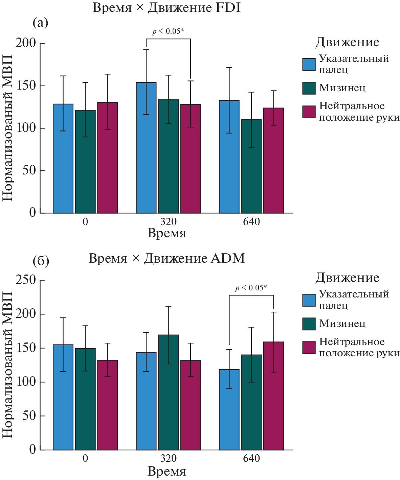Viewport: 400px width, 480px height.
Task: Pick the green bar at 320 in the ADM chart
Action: [x=168, y=392]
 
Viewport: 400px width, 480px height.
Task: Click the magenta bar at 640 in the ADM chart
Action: [x=273, y=396]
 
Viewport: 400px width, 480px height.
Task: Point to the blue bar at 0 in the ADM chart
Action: [x=63, y=397]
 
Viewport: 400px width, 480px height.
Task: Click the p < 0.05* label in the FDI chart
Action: [x=168, y=31]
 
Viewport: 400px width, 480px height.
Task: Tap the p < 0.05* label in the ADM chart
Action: [x=251, y=288]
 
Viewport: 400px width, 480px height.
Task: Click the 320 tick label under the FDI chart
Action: [x=168, y=222]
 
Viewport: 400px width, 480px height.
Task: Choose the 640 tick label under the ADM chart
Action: [x=251, y=458]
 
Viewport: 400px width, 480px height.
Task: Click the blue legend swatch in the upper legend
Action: [x=309, y=64]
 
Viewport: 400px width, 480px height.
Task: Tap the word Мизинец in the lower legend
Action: [x=342, y=323]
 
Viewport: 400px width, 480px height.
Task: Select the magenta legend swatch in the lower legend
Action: [x=309, y=347]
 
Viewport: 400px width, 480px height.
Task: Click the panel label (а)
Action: [x=40, y=23]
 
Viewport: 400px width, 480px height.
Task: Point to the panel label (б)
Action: [x=41, y=261]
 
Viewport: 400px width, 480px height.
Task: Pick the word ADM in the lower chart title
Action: [x=227, y=258]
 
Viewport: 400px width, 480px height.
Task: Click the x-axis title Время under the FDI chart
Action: [x=167, y=233]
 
